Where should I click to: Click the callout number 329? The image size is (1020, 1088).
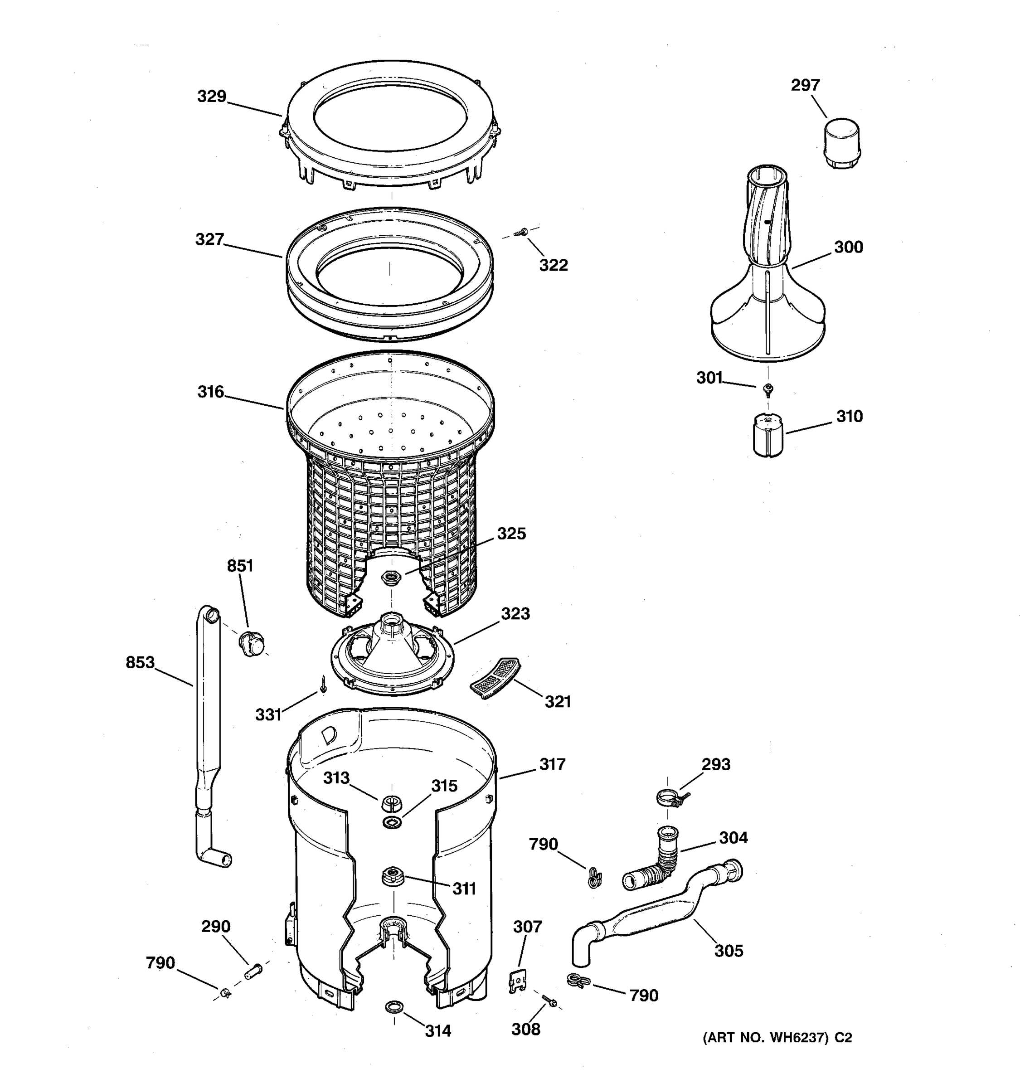pyautogui.click(x=212, y=97)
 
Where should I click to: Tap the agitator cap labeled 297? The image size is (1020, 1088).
pyautogui.click(x=841, y=143)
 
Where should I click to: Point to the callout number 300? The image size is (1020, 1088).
pyautogui.click(x=848, y=248)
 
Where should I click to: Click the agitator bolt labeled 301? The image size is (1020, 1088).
pyautogui.click(x=768, y=389)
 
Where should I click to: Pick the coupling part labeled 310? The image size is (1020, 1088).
pyautogui.click(x=768, y=435)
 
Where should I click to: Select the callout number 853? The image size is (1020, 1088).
pyautogui.click(x=140, y=663)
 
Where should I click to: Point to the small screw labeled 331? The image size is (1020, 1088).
pyautogui.click(x=323, y=684)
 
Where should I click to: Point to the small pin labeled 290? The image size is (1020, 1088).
pyautogui.click(x=253, y=972)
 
